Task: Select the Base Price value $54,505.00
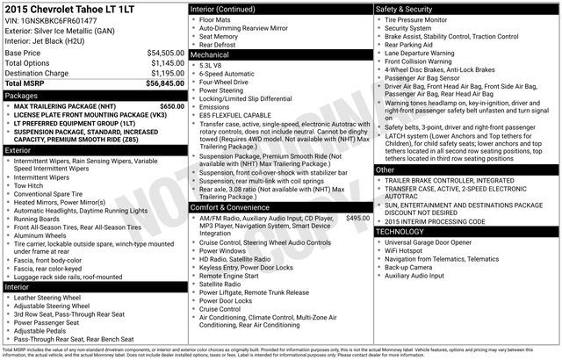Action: pos(165,53)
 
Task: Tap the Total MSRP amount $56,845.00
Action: pos(165,83)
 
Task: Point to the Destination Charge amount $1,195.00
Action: pos(167,73)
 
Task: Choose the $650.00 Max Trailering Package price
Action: pos(172,106)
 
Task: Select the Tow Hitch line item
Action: pos(31,185)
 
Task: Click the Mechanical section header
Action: pos(210,54)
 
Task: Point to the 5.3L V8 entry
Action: pos(210,65)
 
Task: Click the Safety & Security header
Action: pos(404,9)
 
